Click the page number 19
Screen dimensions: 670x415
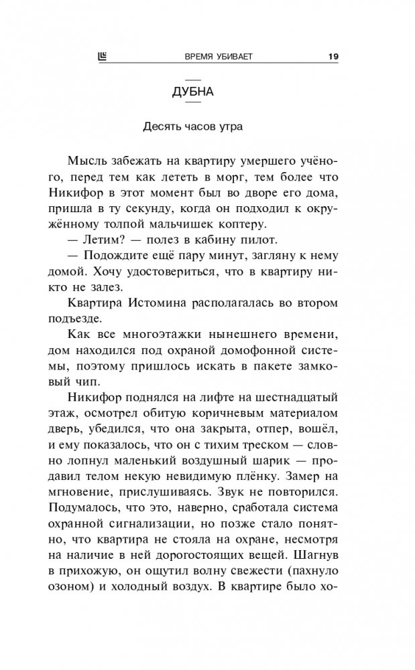click(333, 56)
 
